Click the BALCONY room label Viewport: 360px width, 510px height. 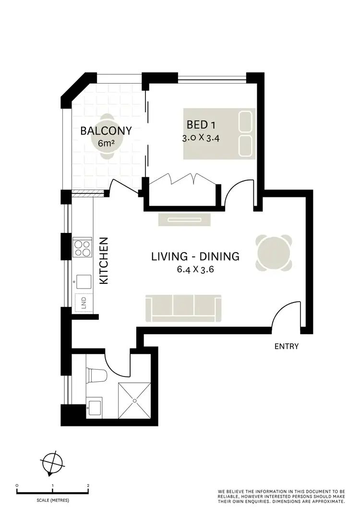(106, 130)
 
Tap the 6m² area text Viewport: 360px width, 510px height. (106, 143)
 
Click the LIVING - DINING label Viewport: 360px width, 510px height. (195, 256)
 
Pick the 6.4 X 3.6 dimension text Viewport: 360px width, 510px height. (195, 269)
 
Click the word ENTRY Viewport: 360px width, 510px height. (287, 346)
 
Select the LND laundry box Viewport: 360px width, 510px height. (84, 302)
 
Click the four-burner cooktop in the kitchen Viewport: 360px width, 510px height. (83, 248)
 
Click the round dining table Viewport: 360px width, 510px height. (274, 253)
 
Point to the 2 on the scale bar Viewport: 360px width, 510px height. (88, 486)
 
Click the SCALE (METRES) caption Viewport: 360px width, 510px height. (53, 500)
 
